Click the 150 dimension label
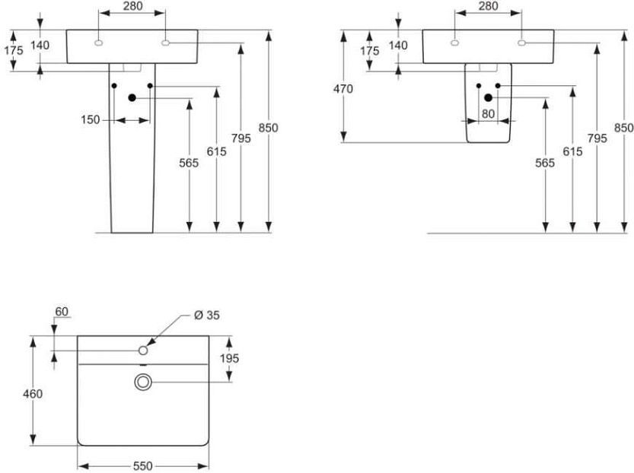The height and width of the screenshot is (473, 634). coord(90,120)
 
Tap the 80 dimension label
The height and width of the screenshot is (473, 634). coord(488,114)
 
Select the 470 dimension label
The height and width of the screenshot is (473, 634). coord(342,88)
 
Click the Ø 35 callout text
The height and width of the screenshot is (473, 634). coord(206,315)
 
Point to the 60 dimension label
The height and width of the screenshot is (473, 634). coord(62,312)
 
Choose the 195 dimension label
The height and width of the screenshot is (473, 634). coord(229,358)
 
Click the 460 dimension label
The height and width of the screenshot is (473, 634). coord(33,393)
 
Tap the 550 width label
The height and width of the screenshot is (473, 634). coord(143,466)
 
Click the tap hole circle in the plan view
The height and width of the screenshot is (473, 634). coord(143,351)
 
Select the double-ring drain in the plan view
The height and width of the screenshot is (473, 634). coord(143,382)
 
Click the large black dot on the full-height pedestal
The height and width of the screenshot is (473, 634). coord(132,98)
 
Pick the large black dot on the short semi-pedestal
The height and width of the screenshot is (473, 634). coord(488,98)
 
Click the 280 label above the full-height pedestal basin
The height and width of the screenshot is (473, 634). coord(132,6)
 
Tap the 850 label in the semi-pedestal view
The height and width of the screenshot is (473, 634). coord(624,128)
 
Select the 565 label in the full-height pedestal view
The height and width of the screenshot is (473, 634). coord(189,163)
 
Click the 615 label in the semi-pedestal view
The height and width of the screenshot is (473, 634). coord(572,151)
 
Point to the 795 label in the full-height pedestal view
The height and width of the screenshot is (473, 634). coord(241,138)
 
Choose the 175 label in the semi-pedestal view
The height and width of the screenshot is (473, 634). coord(370,51)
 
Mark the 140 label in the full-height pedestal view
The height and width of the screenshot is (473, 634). coord(40,45)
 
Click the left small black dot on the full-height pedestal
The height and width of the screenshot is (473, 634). coord(114,86)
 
